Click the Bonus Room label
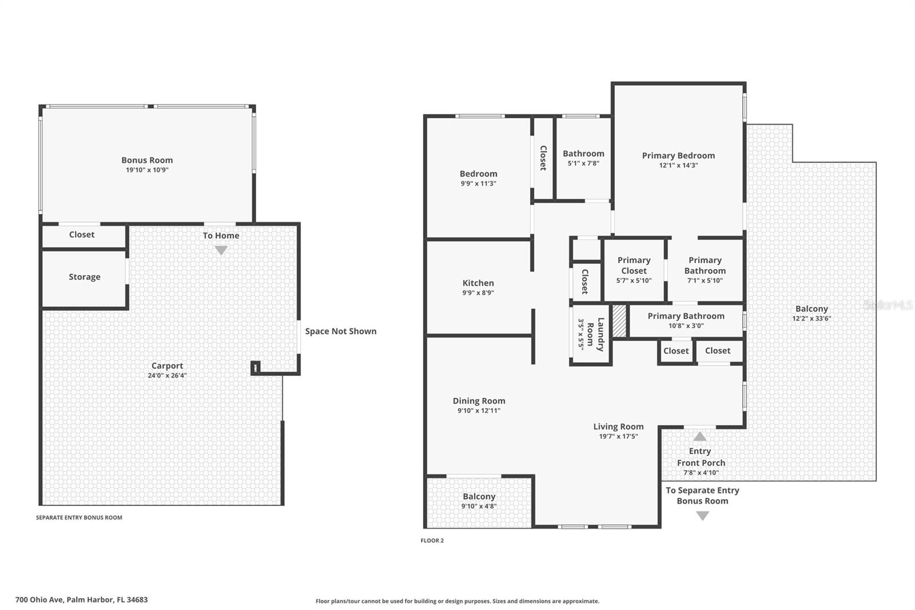[147, 160]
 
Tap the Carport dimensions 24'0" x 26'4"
[167, 376]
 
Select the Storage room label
[85, 277]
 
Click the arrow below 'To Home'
[221, 250]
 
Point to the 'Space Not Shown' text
[340, 331]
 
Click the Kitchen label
[478, 283]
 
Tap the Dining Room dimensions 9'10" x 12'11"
[479, 410]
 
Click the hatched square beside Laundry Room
[619, 321]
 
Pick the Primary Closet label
[634, 266]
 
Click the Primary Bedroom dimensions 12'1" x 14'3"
[678, 165]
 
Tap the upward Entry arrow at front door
[700, 437]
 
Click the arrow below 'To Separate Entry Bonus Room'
[702, 515]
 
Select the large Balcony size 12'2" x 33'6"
[811, 319]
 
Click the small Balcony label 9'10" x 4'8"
[479, 497]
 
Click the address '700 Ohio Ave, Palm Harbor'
[81, 600]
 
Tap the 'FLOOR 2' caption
[432, 540]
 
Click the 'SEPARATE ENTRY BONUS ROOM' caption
[79, 517]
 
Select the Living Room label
[618, 427]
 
